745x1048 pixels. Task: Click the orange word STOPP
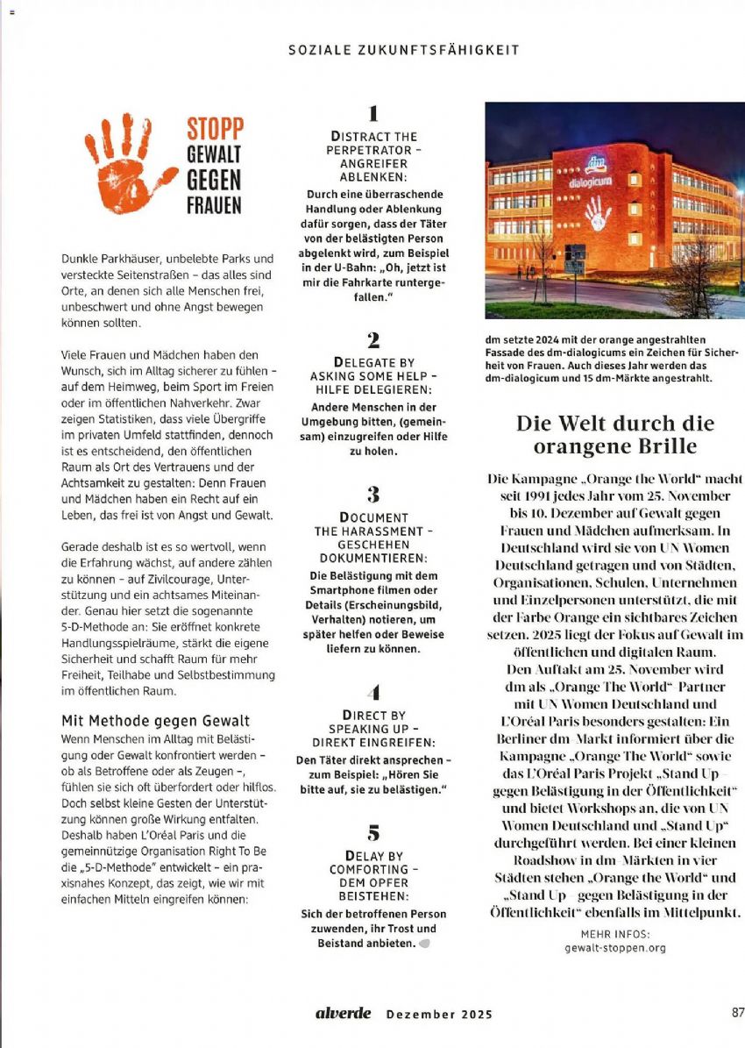click(x=215, y=129)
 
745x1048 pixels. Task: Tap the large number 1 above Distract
click(x=372, y=113)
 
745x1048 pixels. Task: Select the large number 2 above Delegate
click(x=372, y=340)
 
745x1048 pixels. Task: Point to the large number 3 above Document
click(x=372, y=494)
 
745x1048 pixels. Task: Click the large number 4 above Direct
click(x=373, y=693)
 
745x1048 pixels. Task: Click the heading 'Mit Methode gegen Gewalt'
click(x=155, y=721)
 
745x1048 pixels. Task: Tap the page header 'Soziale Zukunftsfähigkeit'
click(x=403, y=50)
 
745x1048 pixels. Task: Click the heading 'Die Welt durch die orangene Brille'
click(x=614, y=435)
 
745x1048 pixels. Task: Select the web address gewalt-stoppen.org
click(x=615, y=948)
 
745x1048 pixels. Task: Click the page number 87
click(x=737, y=1012)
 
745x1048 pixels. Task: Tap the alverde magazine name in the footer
click(x=344, y=1014)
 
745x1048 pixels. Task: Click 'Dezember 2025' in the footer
click(x=439, y=1015)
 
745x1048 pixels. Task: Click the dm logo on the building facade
click(x=596, y=164)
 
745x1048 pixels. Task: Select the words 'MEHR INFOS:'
click(x=615, y=935)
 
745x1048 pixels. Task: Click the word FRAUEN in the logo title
click(x=213, y=207)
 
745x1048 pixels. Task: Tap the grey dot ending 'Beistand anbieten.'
click(x=424, y=944)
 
